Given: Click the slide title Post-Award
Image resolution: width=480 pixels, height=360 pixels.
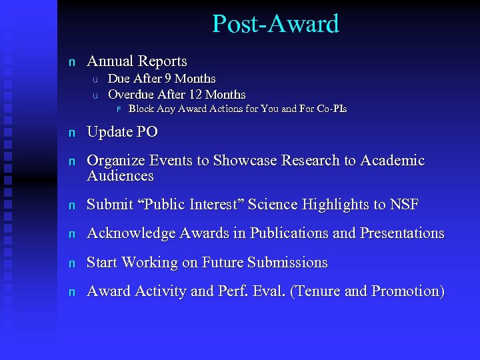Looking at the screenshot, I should [x=275, y=24].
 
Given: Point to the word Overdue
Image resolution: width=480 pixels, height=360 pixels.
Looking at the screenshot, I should [x=131, y=95].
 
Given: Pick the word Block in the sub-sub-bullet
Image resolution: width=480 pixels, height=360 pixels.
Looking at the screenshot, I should [x=141, y=109].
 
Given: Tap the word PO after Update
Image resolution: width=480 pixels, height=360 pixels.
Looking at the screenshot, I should [x=147, y=132].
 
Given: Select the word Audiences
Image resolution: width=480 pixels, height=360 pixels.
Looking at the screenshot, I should [x=120, y=177].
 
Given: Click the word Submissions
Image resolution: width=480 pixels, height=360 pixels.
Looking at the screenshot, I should [x=287, y=263].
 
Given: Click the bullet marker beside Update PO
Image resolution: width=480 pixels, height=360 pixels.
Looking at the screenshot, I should [x=72, y=133].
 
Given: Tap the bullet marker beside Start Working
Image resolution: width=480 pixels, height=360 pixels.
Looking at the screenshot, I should [x=72, y=263].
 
